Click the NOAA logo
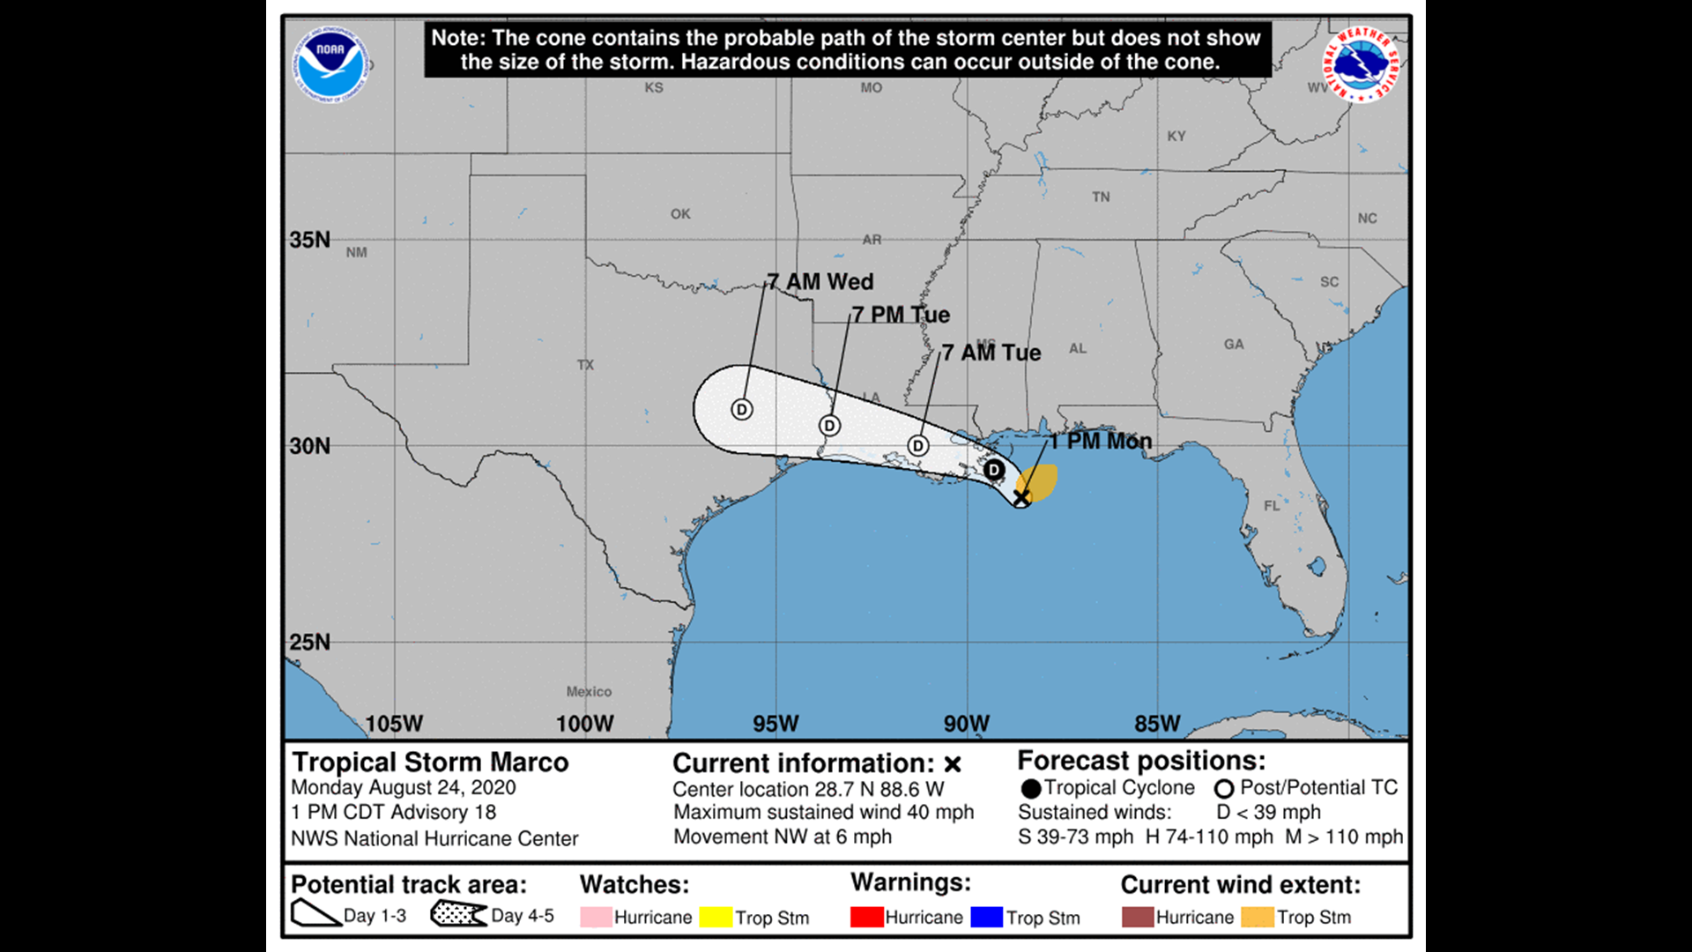[x=330, y=63]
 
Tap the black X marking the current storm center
[x=1020, y=498]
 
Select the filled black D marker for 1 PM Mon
[x=993, y=470]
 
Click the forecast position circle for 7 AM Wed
[x=742, y=409]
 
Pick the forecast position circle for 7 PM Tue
[x=829, y=426]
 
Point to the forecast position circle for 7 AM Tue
[x=918, y=446]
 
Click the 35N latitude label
[x=310, y=240]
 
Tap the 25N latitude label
[x=310, y=642]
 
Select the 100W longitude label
[x=584, y=724]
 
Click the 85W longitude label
[x=1157, y=724]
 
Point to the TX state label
[x=585, y=365]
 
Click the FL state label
[x=1272, y=506]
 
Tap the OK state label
[x=680, y=214]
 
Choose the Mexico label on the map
[x=589, y=692]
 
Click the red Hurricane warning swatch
[x=866, y=917]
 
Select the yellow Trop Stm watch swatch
[x=716, y=917]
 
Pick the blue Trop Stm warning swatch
[x=986, y=917]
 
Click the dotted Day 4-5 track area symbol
[x=458, y=914]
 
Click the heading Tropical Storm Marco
[x=430, y=762]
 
